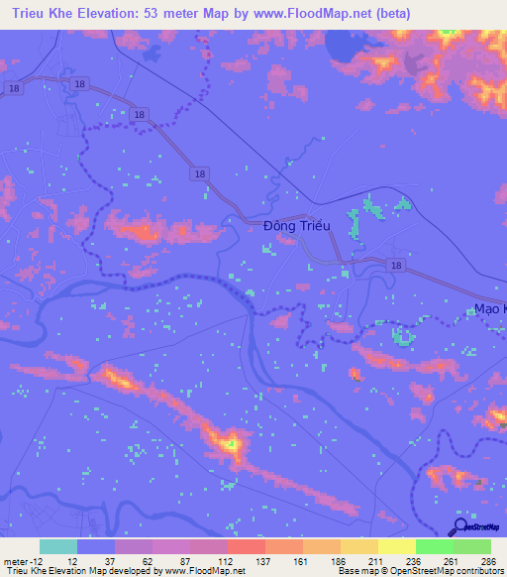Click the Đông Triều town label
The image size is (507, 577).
coord(296,226)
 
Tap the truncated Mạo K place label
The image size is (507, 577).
coord(489,308)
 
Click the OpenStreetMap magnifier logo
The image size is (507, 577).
coord(458,526)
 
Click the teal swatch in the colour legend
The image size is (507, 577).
coord(58,547)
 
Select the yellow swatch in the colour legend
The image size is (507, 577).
coord(397,547)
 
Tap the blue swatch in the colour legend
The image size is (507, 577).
coord(96,547)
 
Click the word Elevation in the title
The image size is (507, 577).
coord(109,14)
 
